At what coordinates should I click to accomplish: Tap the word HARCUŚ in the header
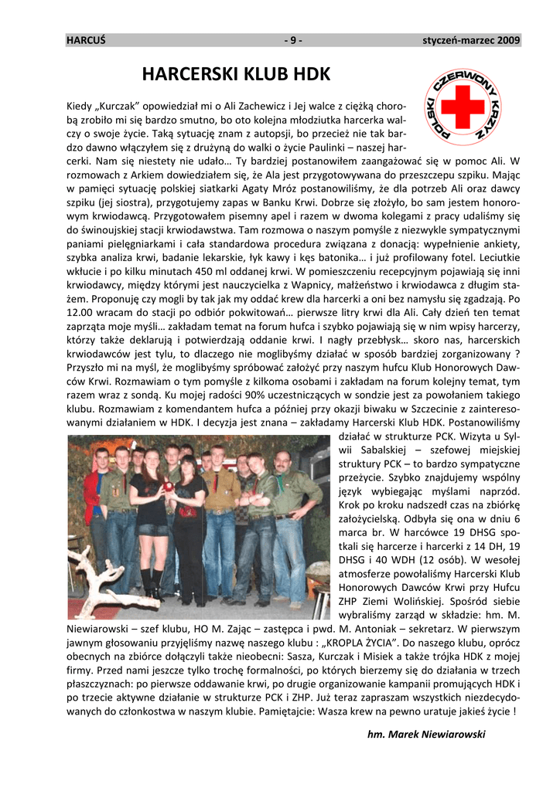pyautogui.click(x=86, y=40)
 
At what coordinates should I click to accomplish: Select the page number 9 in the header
pyautogui.click(x=293, y=40)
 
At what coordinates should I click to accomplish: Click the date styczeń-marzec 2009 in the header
pyautogui.click(x=471, y=40)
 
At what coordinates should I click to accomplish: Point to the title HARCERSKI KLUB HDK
pyautogui.click(x=237, y=75)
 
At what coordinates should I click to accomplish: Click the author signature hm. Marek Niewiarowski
pyautogui.click(x=426, y=735)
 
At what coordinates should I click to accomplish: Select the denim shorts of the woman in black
pyautogui.click(x=152, y=529)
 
